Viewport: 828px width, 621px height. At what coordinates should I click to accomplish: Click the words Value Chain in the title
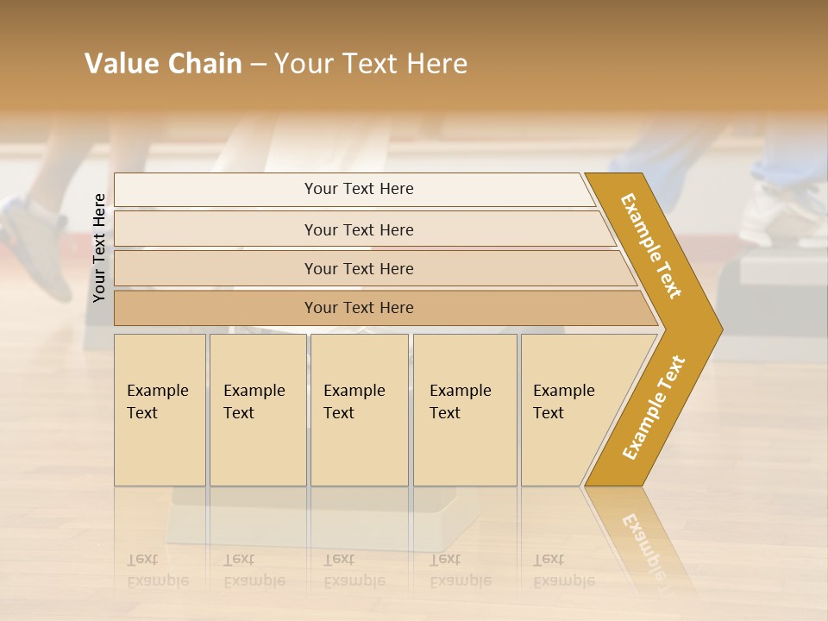pos(163,64)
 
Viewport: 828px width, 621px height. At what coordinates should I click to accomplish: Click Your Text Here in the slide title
pos(371,64)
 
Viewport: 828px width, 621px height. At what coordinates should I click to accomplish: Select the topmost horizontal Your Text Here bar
pos(359,189)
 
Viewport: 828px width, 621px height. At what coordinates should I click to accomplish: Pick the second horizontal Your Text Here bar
pos(359,229)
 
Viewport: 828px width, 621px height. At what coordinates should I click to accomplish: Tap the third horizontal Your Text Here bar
pos(359,268)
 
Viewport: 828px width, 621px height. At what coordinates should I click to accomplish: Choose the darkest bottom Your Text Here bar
pos(359,308)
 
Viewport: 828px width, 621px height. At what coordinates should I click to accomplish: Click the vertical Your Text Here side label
pos(100,248)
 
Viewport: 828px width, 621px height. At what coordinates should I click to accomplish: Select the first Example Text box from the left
pos(159,411)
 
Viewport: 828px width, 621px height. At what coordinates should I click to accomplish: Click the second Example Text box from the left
pos(257,411)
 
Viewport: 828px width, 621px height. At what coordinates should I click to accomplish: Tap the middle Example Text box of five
pos(358,411)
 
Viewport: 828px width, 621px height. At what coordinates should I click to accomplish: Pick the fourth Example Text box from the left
pos(464,411)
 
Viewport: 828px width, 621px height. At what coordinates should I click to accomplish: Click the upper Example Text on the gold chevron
pos(652,245)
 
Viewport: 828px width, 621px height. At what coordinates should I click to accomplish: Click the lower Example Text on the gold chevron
pos(654,407)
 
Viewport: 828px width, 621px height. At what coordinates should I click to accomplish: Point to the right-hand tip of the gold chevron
pos(720,329)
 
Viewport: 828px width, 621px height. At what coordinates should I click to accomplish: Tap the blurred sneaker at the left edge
pos(34,246)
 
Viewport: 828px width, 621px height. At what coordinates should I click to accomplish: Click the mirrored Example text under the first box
pos(157,580)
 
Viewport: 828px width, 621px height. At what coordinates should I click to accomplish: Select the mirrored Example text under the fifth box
pos(562,580)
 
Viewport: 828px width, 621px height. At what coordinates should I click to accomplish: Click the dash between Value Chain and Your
pos(258,65)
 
